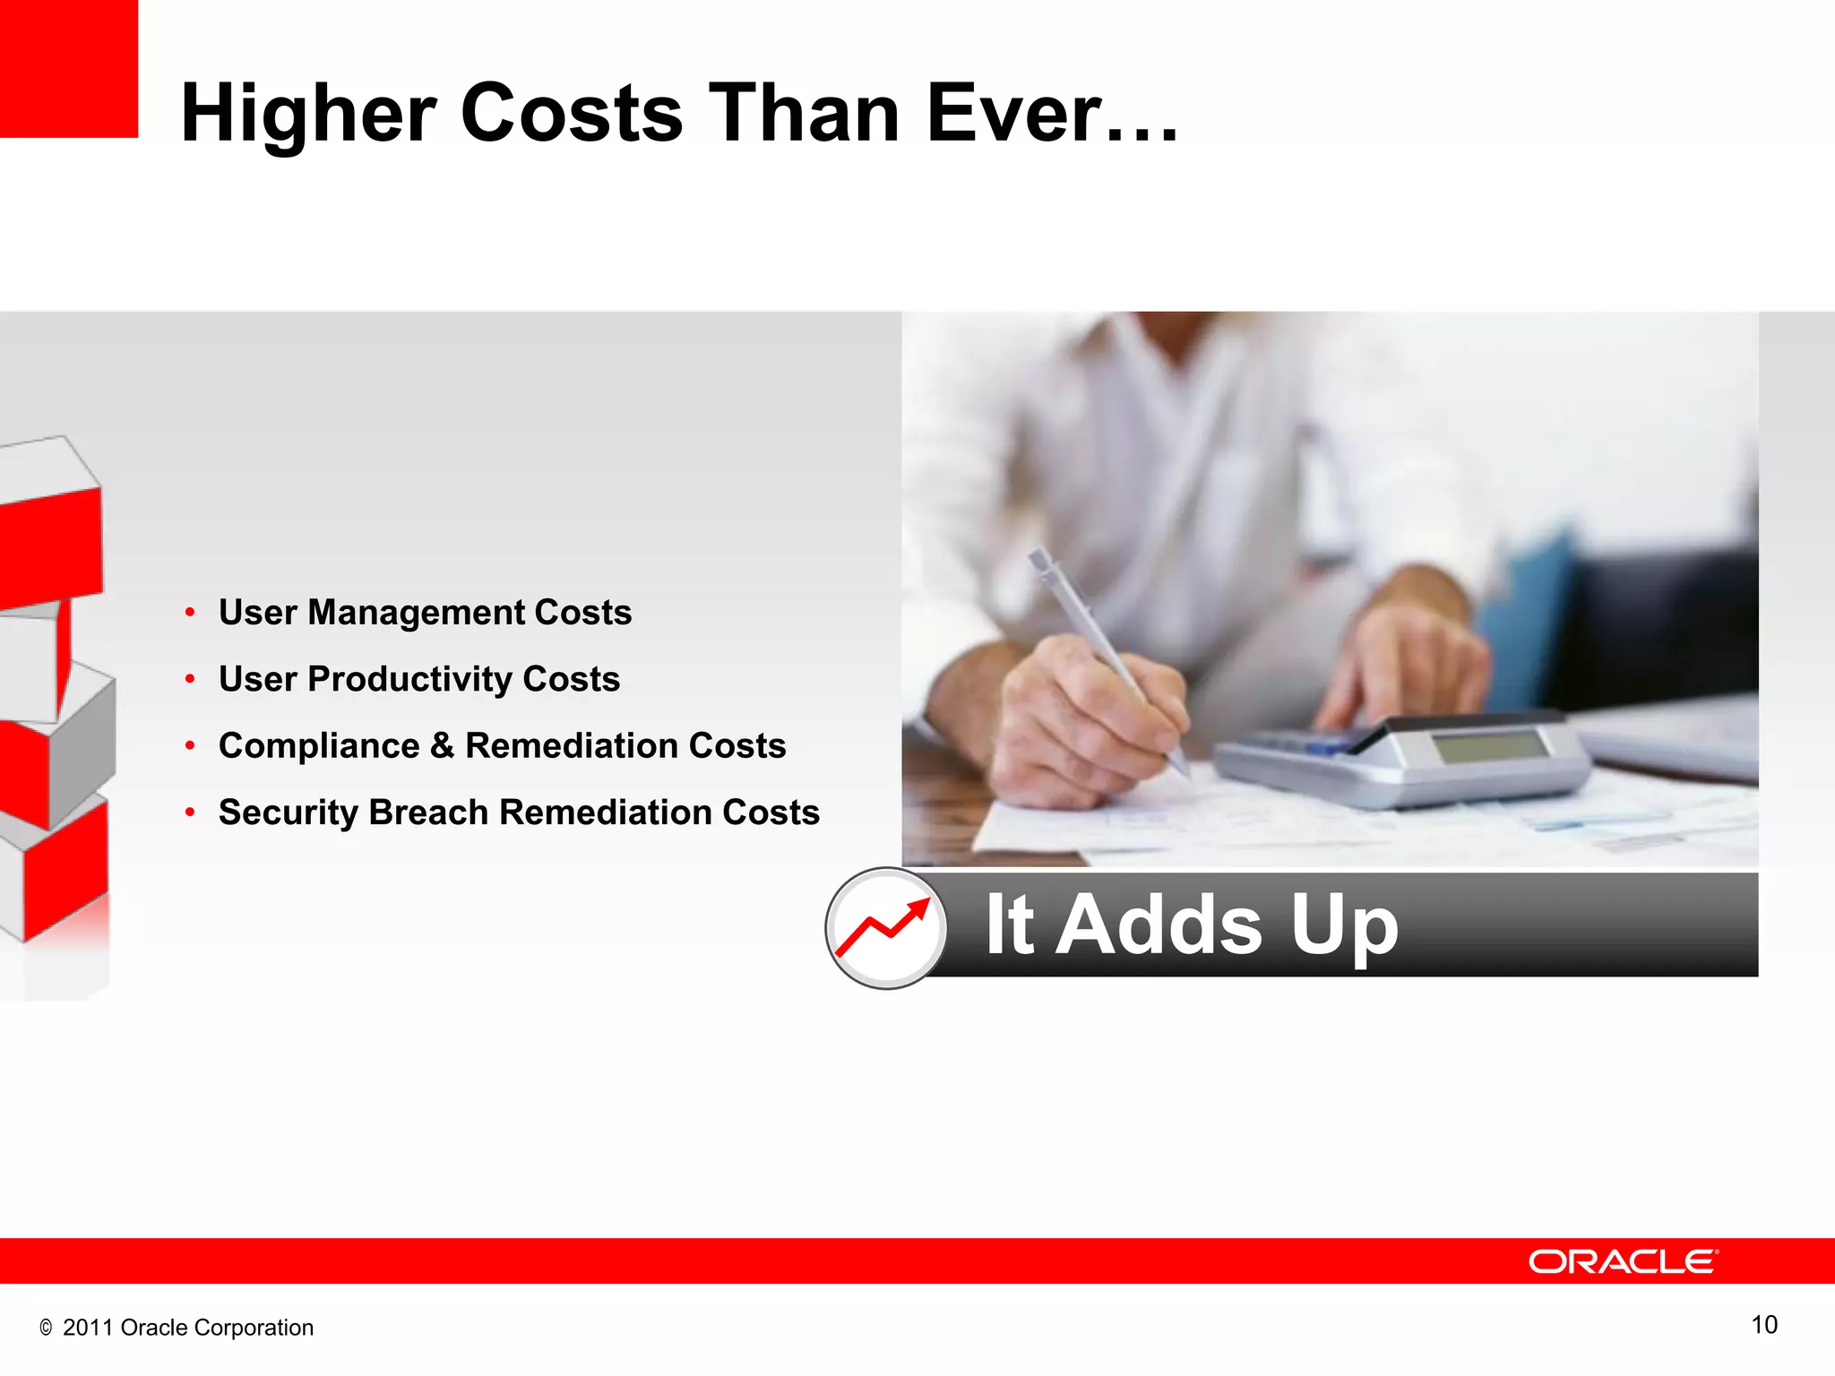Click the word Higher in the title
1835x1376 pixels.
(308, 115)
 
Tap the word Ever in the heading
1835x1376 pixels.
(1012, 113)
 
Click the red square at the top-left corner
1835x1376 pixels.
(68, 68)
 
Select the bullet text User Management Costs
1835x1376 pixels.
(425, 613)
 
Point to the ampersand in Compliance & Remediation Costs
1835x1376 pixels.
(442, 746)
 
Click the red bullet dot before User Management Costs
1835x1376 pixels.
(190, 613)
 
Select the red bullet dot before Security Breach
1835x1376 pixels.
(190, 813)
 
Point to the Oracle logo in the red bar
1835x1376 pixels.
(1622, 1261)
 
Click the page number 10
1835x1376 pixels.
(1763, 1325)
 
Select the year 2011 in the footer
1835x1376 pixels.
(87, 1328)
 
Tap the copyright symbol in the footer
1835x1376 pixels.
(46, 1329)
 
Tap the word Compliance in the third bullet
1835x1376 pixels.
(318, 746)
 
